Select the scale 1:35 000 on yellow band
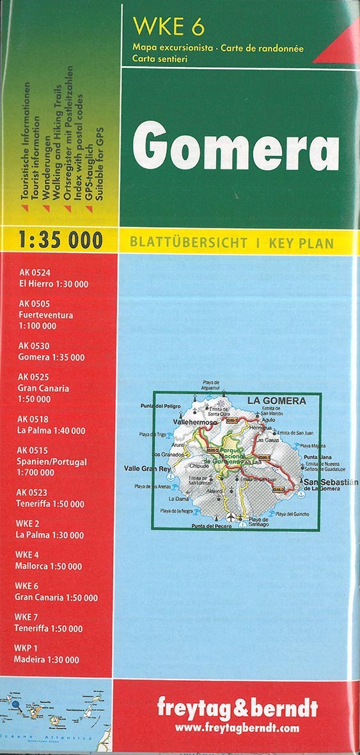coord(61,240)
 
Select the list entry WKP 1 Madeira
coord(47,654)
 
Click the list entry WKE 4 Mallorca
coord(49,561)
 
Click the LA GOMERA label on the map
coord(276,401)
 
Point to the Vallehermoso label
coord(192,422)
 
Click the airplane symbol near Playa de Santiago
coord(229,516)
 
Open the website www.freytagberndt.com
coord(237,728)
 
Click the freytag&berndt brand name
coord(237,709)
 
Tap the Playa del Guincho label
coord(292,514)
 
